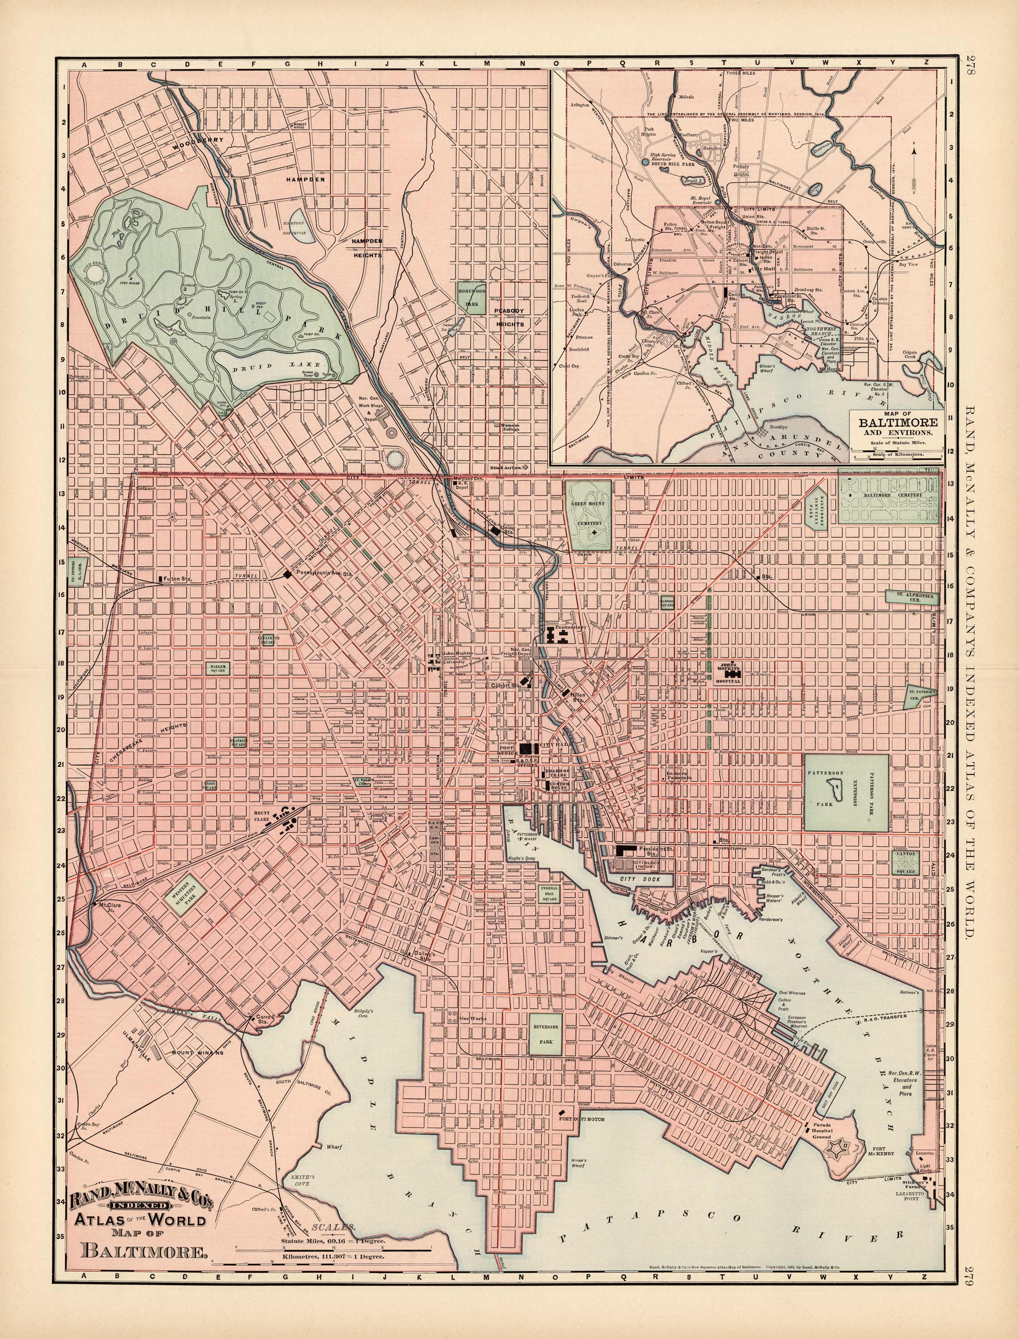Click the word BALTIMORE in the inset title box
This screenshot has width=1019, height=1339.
point(897,422)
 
